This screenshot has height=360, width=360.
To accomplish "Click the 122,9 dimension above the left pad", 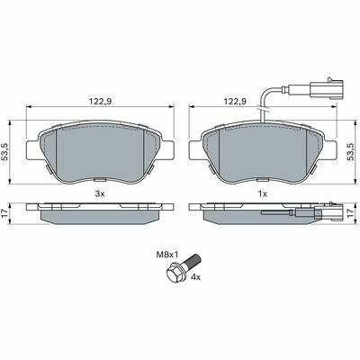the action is (x=100, y=102).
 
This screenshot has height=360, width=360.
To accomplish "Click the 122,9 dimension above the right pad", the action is (x=236, y=102).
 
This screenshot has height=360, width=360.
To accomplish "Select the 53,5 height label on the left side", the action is (x=5, y=152).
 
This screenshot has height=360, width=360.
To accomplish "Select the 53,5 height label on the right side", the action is (x=350, y=152).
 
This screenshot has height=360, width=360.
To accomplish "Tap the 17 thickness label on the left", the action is (x=4, y=213).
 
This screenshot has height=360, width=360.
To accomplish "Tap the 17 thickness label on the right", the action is (x=351, y=213).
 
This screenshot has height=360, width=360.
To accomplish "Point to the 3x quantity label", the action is (x=100, y=194).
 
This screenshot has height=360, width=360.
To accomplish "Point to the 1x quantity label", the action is (x=263, y=194).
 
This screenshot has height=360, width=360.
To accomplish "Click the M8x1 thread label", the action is (x=167, y=255).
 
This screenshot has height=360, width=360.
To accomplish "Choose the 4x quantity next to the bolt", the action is (x=195, y=278).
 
